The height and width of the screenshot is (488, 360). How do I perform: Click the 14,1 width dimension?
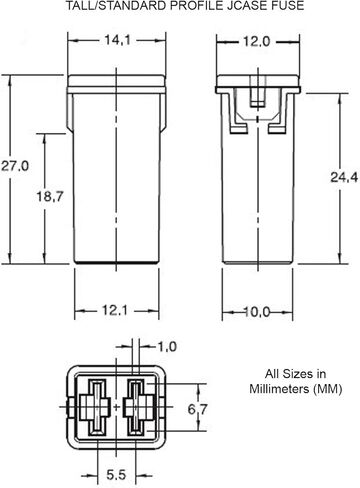pos(118,40)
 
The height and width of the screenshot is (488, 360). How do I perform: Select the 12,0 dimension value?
pos(256,42)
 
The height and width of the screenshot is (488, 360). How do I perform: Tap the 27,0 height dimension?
pos(15,165)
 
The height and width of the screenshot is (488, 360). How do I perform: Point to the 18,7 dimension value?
pos(50,196)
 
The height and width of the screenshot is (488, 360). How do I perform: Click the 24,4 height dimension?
pos(344,177)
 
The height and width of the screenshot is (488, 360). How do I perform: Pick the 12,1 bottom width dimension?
pos(114,311)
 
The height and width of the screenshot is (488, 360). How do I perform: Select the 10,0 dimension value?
pos(256,312)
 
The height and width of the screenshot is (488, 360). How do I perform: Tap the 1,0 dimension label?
pos(167,347)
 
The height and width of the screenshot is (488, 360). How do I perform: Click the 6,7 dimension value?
pos(198,409)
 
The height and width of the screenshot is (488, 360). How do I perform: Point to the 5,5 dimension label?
pos(116,475)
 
